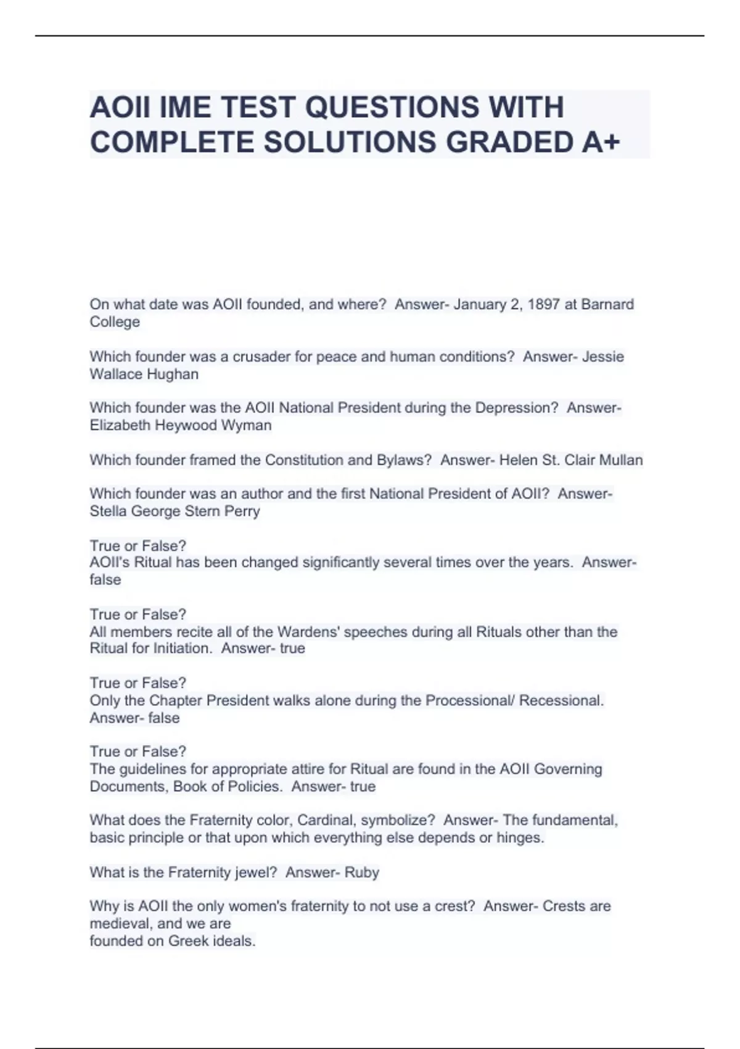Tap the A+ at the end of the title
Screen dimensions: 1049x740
[600, 143]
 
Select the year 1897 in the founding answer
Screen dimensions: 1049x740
[543, 304]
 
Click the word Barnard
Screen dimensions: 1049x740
[607, 304]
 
